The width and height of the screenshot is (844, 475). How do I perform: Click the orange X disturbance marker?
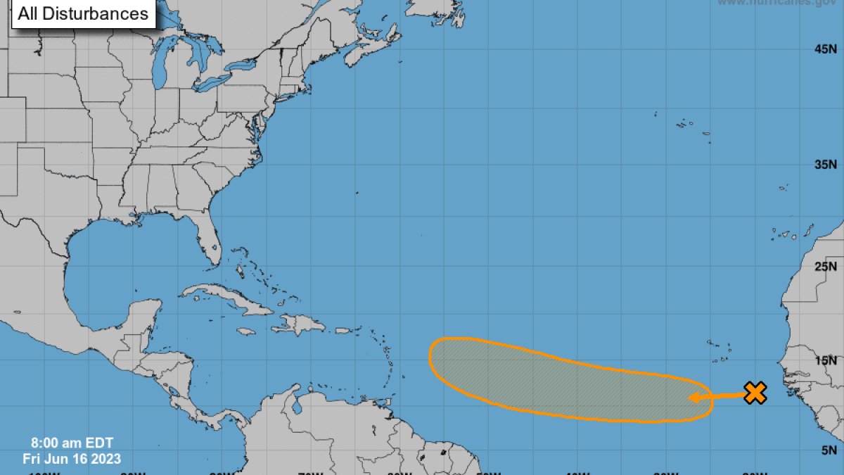coord(755,393)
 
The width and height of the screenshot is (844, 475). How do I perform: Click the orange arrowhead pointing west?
coord(693,398)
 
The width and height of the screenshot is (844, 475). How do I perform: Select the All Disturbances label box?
coord(83,13)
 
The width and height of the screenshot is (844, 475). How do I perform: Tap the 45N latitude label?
coord(825,49)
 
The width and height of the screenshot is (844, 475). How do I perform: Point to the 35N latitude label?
coord(825,165)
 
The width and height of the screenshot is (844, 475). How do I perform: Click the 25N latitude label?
coord(825,266)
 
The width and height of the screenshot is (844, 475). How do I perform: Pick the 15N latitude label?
coord(825,360)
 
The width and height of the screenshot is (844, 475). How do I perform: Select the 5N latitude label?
coord(829,450)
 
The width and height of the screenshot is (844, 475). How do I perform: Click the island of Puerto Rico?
coord(343,330)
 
